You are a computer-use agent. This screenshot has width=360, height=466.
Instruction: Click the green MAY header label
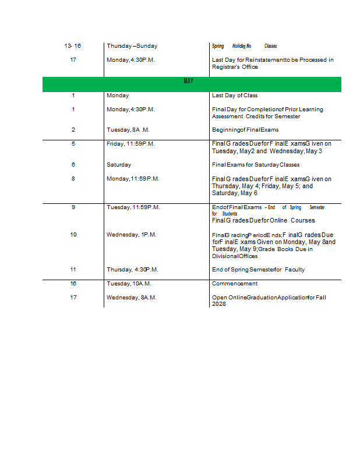click(188, 82)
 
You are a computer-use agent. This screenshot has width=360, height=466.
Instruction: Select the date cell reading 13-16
click(73, 46)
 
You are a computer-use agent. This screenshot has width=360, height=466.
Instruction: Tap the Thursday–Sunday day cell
click(132, 46)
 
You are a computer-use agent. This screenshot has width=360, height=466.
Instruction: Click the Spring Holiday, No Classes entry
click(244, 46)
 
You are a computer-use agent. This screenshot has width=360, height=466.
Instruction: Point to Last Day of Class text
click(235, 96)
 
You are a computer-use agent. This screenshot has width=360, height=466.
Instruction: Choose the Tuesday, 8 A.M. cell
click(129, 130)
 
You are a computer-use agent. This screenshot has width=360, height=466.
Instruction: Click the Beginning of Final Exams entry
click(245, 130)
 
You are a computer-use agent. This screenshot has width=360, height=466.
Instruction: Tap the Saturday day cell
click(119, 165)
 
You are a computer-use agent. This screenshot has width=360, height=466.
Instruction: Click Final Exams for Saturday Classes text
click(256, 165)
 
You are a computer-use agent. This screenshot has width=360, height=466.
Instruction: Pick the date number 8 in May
click(73, 179)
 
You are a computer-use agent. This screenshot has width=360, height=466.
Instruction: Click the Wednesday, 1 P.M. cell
click(132, 235)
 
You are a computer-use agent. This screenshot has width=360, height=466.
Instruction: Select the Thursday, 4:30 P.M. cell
click(132, 270)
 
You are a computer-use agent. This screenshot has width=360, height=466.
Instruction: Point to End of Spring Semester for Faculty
click(258, 270)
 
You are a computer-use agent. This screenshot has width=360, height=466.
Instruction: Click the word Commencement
click(235, 284)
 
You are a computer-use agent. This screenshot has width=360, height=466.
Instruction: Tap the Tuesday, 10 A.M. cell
click(129, 284)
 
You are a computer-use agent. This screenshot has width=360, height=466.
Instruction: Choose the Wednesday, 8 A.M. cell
click(132, 298)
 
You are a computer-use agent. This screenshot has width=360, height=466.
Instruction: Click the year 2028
click(218, 304)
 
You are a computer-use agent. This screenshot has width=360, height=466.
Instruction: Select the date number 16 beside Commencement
click(73, 284)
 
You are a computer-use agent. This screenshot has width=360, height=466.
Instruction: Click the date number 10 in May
click(73, 235)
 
